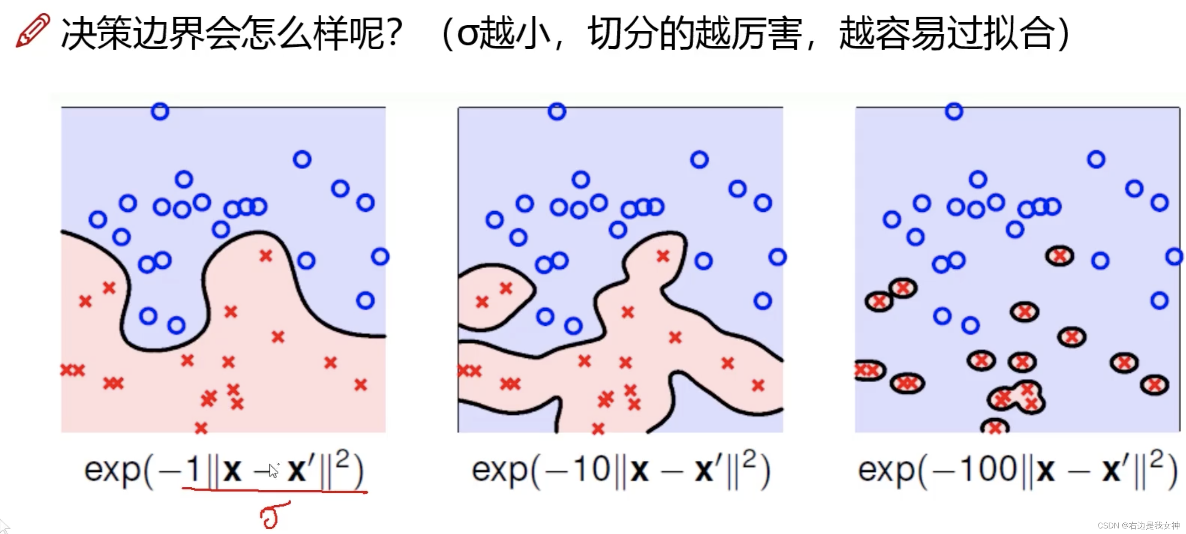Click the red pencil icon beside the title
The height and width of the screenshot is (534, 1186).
point(32,30)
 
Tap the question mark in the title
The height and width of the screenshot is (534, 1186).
point(394,33)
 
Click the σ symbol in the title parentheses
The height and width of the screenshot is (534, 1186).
point(468,35)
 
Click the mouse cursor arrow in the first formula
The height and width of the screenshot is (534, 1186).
point(273,471)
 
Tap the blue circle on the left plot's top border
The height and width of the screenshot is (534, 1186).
point(160,111)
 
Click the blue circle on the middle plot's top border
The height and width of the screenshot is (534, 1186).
point(557,111)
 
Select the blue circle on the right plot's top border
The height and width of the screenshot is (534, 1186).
point(954,111)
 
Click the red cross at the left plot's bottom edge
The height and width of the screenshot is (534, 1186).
point(201,428)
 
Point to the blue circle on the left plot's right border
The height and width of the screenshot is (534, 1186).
point(380,256)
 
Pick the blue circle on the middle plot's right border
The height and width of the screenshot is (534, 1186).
point(777,257)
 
